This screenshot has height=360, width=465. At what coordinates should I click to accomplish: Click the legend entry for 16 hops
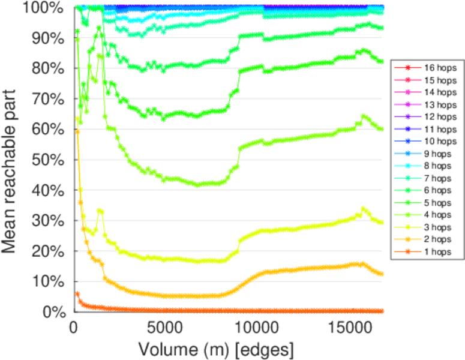coord(427,68)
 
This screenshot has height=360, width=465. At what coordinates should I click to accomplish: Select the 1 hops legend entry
coord(427,253)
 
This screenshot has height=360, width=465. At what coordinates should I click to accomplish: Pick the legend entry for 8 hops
coord(427,166)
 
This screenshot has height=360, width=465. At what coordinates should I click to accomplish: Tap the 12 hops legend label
coord(427,117)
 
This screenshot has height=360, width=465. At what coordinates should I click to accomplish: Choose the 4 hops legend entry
coord(427,215)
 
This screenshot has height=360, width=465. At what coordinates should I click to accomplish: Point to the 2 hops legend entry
coord(427,240)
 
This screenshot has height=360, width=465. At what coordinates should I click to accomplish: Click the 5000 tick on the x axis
coord(164,328)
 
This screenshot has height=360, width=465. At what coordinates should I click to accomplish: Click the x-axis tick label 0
coord(73,328)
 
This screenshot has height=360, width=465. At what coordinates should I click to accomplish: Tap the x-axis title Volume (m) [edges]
coord(216,349)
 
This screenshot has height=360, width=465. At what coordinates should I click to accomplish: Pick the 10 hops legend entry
coord(427,142)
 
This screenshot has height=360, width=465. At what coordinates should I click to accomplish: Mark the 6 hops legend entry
coord(427,191)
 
